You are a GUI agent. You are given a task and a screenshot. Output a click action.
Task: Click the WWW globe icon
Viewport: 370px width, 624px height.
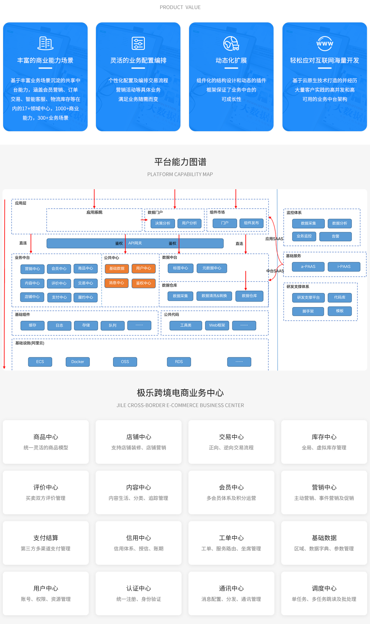pyautogui.click(x=325, y=43)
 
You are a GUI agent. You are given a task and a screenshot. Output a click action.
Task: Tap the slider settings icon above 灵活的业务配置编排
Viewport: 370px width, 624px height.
pyautogui.click(x=138, y=43)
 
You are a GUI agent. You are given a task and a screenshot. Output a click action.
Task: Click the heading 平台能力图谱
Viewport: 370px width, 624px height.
pyautogui.click(x=180, y=162)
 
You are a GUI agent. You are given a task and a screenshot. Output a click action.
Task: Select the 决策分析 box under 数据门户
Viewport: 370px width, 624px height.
pyautogui.click(x=163, y=223)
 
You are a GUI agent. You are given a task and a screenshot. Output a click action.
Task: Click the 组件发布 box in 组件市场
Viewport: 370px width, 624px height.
pyautogui.click(x=251, y=223)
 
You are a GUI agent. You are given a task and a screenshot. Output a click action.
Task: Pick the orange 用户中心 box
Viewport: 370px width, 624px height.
pyautogui.click(x=143, y=268)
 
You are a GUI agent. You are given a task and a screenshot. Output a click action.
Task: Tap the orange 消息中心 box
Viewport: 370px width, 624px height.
pyautogui.click(x=116, y=283)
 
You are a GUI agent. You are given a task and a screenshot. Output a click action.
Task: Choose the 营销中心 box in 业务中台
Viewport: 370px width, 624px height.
pyautogui.click(x=32, y=269)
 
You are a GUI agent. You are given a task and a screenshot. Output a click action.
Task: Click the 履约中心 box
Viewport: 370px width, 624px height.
pyautogui.click(x=86, y=297)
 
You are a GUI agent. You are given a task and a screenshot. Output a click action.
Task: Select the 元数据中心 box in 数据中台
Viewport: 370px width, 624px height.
pyautogui.click(x=212, y=268)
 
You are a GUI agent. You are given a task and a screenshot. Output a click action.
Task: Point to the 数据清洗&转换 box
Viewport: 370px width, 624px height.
pyautogui.click(x=214, y=296)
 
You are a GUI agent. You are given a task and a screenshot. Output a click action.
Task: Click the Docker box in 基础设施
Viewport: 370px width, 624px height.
pyautogui.click(x=78, y=362)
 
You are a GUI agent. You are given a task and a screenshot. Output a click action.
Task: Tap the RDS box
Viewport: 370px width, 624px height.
pyautogui.click(x=179, y=362)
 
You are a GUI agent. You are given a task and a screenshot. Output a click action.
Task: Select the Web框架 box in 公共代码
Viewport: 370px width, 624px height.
pyautogui.click(x=217, y=325)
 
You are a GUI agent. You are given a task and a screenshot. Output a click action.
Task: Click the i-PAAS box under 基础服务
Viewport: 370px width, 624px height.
pyautogui.click(x=344, y=266)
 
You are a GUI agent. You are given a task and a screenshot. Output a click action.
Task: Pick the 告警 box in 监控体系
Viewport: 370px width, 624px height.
pyautogui.click(x=335, y=236)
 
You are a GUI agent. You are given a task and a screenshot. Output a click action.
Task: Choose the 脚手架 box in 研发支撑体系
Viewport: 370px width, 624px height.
pyautogui.click(x=308, y=311)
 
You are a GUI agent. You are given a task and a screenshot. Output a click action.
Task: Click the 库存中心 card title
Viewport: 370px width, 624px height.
pyautogui.click(x=324, y=437)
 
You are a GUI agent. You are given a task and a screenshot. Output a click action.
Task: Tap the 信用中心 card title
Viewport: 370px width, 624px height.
pyautogui.click(x=139, y=538)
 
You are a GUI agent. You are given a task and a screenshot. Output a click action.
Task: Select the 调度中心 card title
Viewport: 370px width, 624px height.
pyautogui.click(x=324, y=588)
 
